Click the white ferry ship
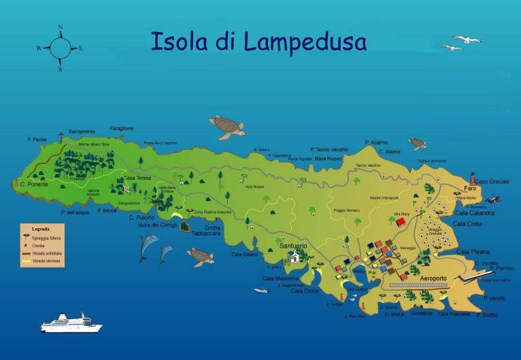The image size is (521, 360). point(70,323)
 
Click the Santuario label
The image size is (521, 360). point(293,245)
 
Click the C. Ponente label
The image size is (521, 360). point(33,184)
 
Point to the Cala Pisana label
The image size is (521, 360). point(472,251)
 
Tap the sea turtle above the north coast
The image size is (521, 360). point(226,126)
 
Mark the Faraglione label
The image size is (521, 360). point(122,128)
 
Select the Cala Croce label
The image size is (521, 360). point(305,291)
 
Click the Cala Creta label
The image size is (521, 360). point(468,223)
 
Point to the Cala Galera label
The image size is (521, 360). point(245,255)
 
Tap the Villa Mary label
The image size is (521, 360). point(403,214)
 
